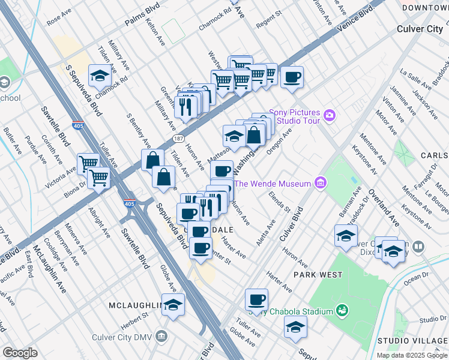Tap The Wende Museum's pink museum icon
click(321, 183)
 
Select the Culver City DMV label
click(133, 335)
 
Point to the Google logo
click(20, 353)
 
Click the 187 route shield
click(179, 139)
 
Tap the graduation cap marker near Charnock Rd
click(99, 76)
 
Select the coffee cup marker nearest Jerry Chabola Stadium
click(256, 299)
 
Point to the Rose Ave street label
click(58, 20)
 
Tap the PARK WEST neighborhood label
click(318, 275)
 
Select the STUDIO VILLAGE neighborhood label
click(412, 341)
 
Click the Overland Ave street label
click(384, 208)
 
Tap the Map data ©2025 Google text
click(411, 355)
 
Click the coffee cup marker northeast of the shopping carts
click(292, 77)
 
